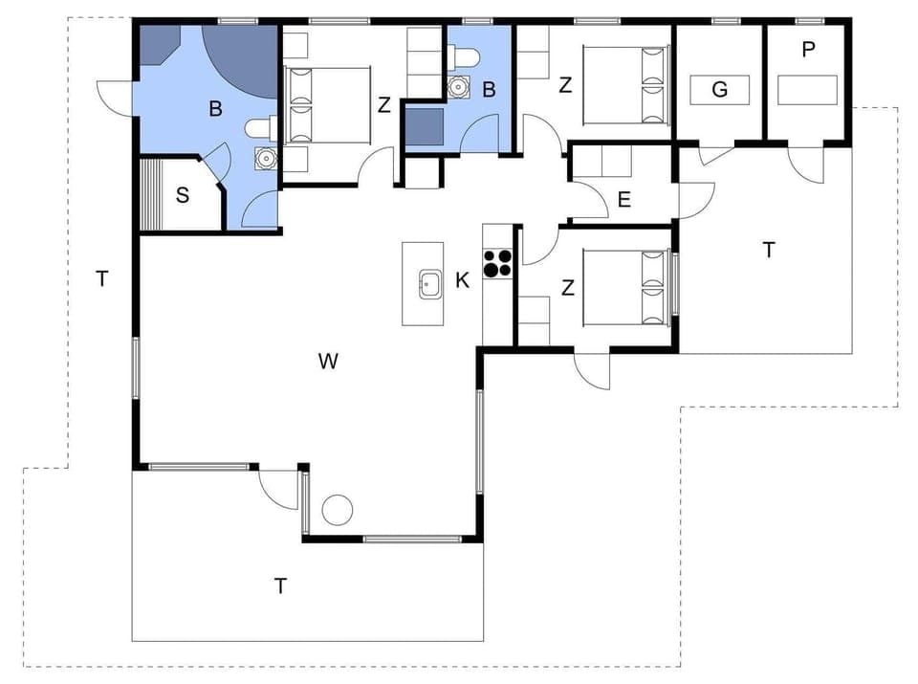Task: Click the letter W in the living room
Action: click(x=328, y=361)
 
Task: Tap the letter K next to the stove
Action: click(x=463, y=280)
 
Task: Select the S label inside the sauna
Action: click(x=183, y=196)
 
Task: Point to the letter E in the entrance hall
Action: click(x=624, y=200)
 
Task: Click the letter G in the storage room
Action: click(x=719, y=90)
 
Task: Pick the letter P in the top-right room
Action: click(x=809, y=50)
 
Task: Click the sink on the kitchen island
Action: click(x=428, y=284)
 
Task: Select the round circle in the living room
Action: click(x=338, y=510)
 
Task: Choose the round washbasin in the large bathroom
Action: click(x=264, y=158)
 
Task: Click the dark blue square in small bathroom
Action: click(x=424, y=125)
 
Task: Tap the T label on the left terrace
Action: click(x=102, y=278)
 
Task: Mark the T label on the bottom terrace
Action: click(x=280, y=586)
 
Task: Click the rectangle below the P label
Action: click(x=808, y=90)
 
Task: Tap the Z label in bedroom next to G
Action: click(x=565, y=85)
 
